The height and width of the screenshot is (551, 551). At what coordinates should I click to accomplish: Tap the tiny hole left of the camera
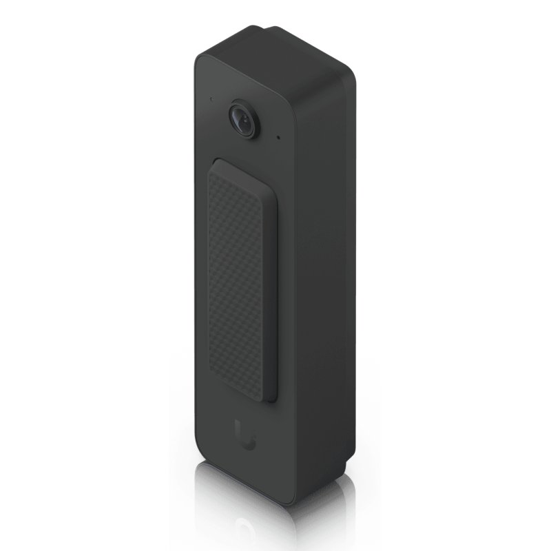pyautogui.click(x=211, y=98)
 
